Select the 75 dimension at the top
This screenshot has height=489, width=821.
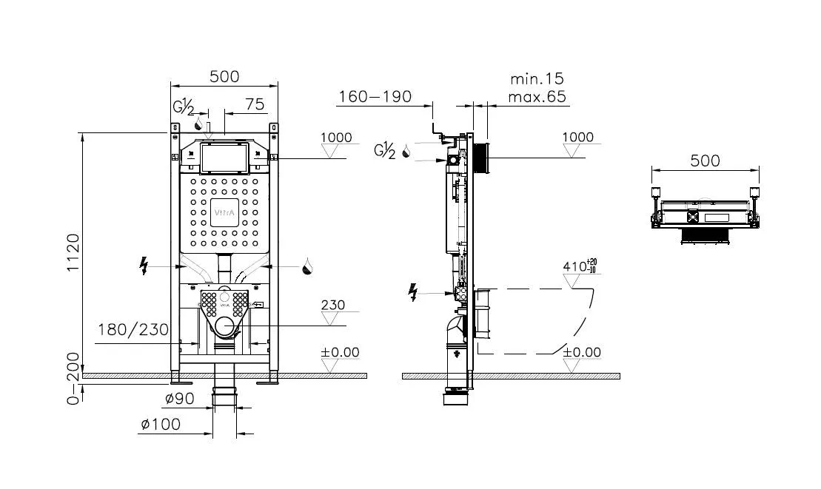click(x=254, y=104)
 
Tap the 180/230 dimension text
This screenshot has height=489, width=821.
click(x=133, y=329)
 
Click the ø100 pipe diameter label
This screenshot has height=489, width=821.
click(x=161, y=425)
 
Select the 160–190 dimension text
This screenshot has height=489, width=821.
click(x=375, y=97)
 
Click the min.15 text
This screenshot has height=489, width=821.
click(x=537, y=78)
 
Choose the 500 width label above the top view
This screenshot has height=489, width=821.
click(x=705, y=161)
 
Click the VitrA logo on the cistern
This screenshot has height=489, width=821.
click(x=225, y=214)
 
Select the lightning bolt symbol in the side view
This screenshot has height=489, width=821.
click(x=412, y=294)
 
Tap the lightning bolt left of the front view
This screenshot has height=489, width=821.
click(x=144, y=266)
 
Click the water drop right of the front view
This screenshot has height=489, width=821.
click(x=306, y=266)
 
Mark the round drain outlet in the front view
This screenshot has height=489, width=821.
click(x=225, y=326)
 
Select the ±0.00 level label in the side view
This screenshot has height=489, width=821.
click(x=582, y=352)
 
